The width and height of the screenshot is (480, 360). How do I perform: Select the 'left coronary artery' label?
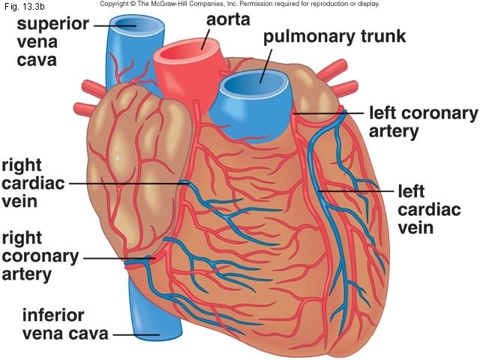coord(423,122)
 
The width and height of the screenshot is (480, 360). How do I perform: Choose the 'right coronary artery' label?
coord(40,256)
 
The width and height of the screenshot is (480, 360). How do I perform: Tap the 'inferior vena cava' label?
coord(64,324)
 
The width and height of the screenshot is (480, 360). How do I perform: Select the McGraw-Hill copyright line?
coord(240,4)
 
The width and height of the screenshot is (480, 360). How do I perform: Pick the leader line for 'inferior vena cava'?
coord(135,334)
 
